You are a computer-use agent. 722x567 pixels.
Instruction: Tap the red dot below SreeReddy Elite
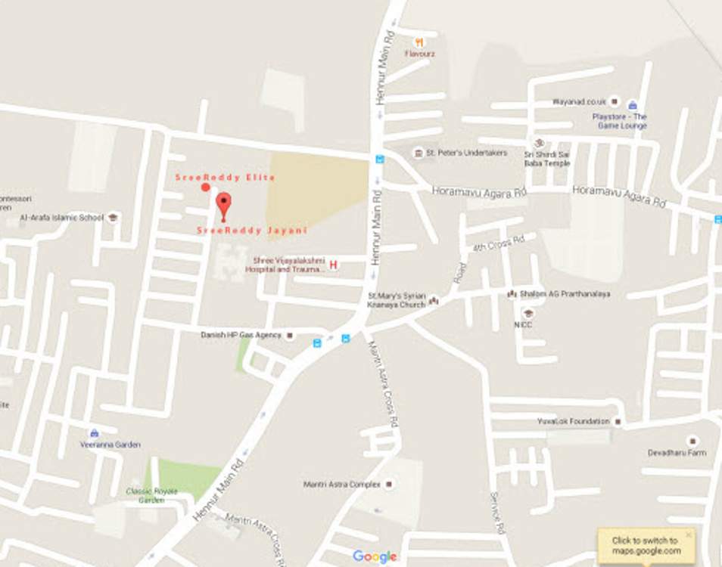point(206,187)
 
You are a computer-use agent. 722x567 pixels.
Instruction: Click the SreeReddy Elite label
point(225,177)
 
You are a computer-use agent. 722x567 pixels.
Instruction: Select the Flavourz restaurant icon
point(419,42)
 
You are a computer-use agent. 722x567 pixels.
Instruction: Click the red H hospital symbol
point(333,265)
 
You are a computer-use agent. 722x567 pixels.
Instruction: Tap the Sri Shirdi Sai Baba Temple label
point(547,158)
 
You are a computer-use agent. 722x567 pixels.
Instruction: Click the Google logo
point(375,556)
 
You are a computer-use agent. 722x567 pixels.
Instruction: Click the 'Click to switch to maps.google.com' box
point(645,546)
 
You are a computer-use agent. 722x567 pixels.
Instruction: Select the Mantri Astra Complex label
point(342,484)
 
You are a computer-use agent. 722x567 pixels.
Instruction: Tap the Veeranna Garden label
point(110,445)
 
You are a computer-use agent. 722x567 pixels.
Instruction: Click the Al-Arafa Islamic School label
point(61,218)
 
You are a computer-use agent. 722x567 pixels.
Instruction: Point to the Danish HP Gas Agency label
point(241,335)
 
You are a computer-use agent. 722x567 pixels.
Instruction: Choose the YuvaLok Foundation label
point(573,421)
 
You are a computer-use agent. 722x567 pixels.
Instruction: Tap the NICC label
point(523,325)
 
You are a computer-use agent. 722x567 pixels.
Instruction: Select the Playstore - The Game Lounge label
point(619,121)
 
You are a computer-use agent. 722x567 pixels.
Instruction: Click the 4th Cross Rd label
point(499,243)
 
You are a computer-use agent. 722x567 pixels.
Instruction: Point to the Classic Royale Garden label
point(151,495)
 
